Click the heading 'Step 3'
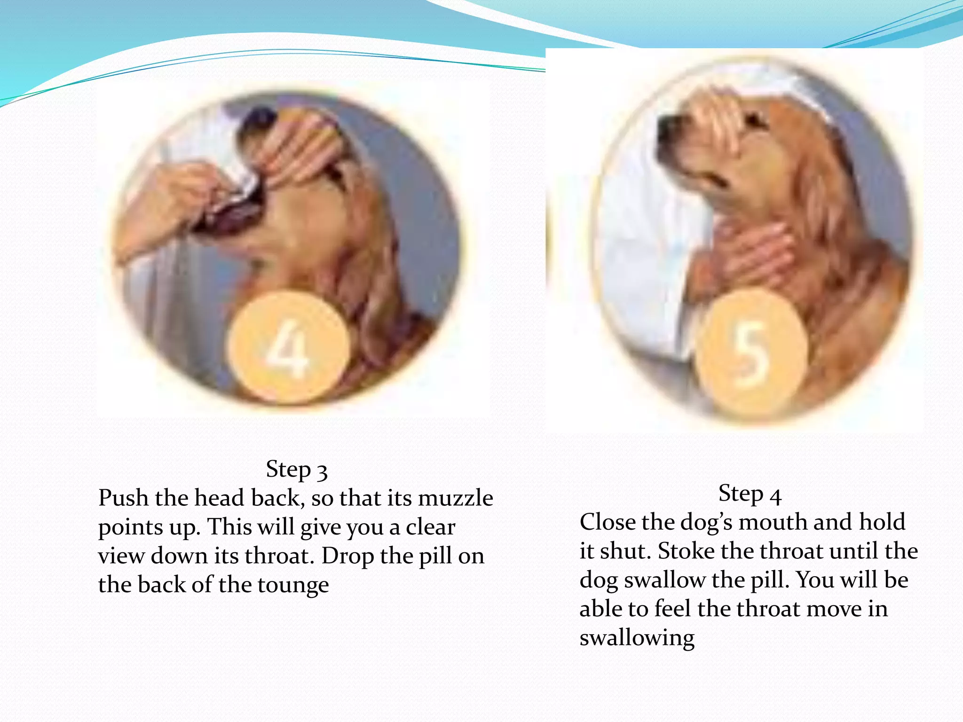(296, 469)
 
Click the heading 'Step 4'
(750, 494)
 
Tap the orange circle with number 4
(288, 348)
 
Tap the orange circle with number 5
(751, 353)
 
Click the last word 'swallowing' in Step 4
(637, 638)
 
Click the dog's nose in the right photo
(666, 125)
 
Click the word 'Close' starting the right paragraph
(607, 522)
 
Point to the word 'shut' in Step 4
(624, 551)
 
